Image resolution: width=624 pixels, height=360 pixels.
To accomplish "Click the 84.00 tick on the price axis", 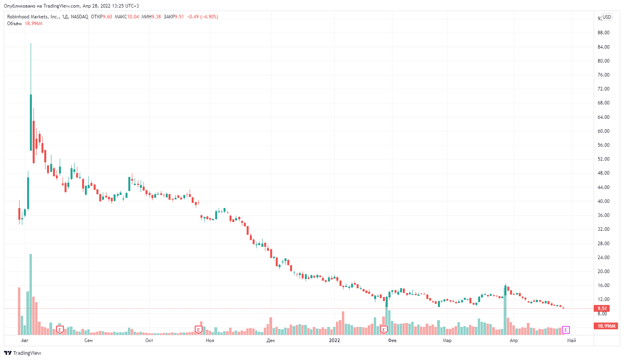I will [x=603, y=47].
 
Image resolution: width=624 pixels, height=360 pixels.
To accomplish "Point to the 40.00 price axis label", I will [x=603, y=201].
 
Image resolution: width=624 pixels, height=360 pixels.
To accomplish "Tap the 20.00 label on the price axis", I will [x=603, y=271].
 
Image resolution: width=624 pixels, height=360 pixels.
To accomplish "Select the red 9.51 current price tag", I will [x=602, y=309].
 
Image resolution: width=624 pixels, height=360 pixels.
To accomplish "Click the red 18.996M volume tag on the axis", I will [x=606, y=326].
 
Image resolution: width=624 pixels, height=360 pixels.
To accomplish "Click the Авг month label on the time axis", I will [x=25, y=340].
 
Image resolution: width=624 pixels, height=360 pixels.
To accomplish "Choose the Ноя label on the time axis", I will [x=210, y=340].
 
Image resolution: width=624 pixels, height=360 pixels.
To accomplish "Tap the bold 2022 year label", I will [x=334, y=340].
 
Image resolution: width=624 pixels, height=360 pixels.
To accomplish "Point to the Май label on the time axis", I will [x=571, y=340].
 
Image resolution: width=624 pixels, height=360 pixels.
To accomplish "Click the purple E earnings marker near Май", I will [x=566, y=330].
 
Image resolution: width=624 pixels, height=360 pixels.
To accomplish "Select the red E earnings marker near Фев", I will [x=384, y=330].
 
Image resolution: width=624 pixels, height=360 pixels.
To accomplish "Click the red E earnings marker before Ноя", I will [x=198, y=330].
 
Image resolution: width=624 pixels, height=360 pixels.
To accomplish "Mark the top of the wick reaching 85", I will [x=31, y=43].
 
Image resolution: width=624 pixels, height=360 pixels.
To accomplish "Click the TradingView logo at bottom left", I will [x=23, y=353].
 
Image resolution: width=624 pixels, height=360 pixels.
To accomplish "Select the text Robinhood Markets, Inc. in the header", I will [x=33, y=17].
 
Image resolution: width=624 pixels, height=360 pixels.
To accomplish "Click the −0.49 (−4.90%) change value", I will [x=202, y=17].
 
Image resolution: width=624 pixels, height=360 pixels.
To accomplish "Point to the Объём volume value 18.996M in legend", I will [x=33, y=24].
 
